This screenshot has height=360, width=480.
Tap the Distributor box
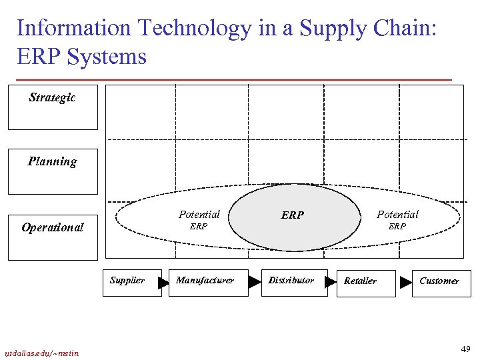[291, 282]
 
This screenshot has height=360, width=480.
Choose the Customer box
[441, 283]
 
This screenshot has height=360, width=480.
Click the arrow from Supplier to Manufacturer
[163, 283]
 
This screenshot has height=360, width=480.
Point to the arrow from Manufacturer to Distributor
[254, 282]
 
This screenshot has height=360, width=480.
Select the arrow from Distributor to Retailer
[330, 282]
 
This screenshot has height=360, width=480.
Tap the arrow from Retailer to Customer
[405, 283]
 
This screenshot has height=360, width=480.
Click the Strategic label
[52, 98]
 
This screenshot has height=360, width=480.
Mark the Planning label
[52, 162]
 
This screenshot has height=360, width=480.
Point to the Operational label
[52, 228]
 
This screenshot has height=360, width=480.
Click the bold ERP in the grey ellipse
[292, 215]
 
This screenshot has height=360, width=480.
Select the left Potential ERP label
[199, 220]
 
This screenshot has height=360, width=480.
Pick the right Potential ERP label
[397, 220]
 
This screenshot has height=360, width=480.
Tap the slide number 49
[465, 349]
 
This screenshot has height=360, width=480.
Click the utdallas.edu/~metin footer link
[41, 353]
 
